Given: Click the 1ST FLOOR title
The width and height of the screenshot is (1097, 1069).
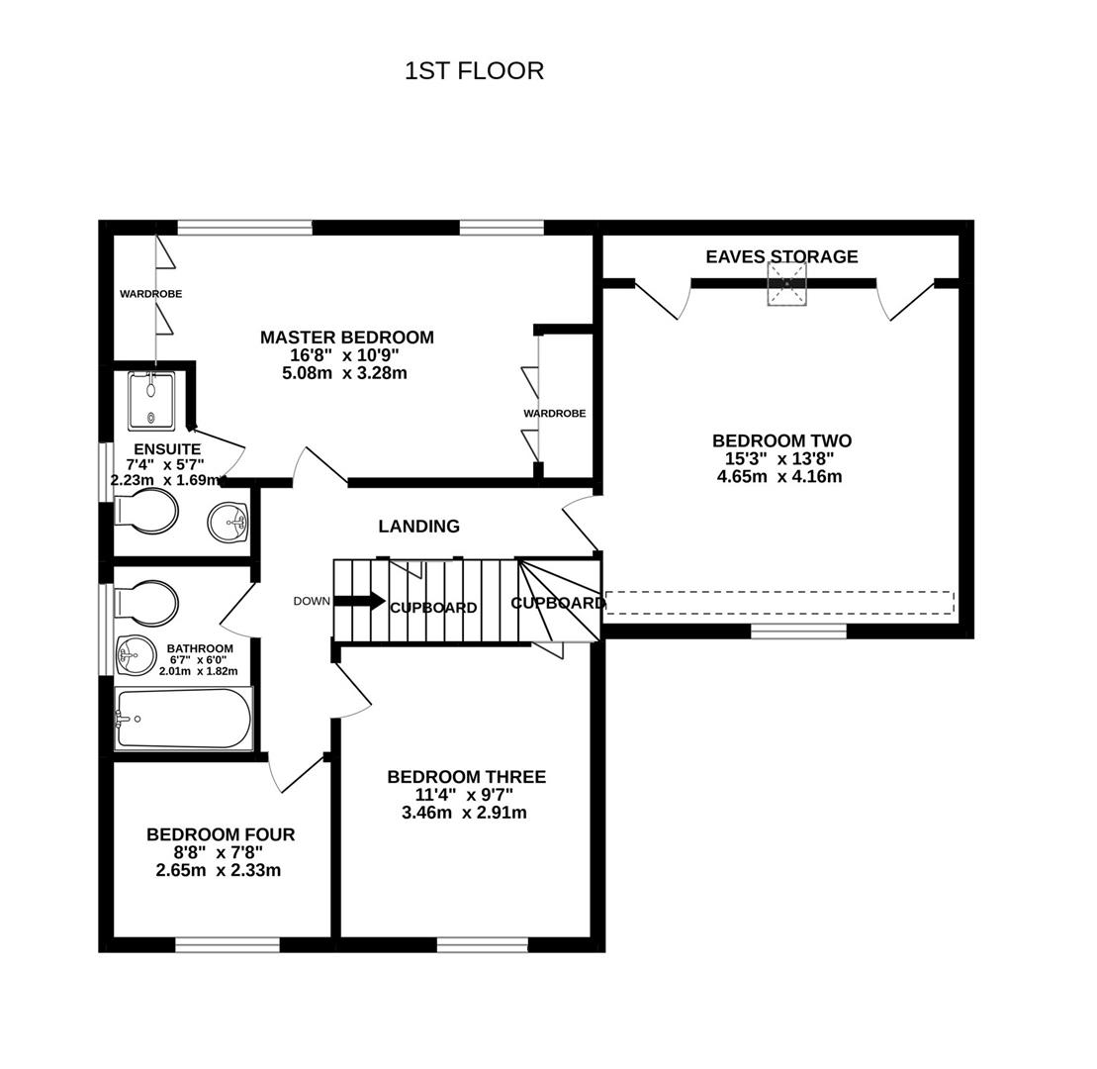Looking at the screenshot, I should click(x=474, y=71).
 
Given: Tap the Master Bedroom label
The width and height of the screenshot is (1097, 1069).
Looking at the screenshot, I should click(x=346, y=338).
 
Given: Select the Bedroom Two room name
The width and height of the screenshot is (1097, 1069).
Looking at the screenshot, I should click(x=780, y=440).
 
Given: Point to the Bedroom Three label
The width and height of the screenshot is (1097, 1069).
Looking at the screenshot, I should click(x=466, y=777).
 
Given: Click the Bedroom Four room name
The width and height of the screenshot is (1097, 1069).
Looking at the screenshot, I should click(x=220, y=834).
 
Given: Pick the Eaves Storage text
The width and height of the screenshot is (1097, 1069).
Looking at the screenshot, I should click(x=781, y=256).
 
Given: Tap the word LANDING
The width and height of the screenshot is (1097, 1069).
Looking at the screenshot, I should click(x=418, y=527).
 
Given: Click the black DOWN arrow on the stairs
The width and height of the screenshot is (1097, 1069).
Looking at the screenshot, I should click(x=359, y=601).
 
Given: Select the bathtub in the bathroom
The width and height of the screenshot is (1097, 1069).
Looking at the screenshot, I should click(x=184, y=718).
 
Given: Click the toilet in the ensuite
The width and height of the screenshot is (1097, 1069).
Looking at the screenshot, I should click(x=146, y=512).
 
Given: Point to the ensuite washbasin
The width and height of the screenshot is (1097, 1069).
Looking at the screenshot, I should click(x=229, y=522).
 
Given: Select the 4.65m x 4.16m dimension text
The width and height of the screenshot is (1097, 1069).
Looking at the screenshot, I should click(x=779, y=476).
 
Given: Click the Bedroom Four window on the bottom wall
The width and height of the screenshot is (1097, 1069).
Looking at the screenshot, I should click(x=227, y=944).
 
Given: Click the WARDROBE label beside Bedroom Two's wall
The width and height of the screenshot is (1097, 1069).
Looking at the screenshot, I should click(x=554, y=413).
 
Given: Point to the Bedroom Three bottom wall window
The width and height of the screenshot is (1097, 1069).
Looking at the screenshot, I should click(x=482, y=944).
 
